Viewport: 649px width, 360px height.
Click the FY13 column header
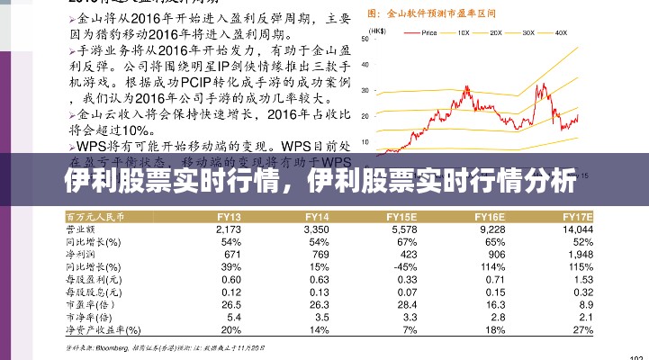pyautogui.click(x=229, y=217)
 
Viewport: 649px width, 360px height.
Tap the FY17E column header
pyautogui.click(x=577, y=217)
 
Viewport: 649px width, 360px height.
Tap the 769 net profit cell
pyautogui.click(x=319, y=256)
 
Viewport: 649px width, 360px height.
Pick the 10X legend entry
pyautogui.click(x=463, y=32)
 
